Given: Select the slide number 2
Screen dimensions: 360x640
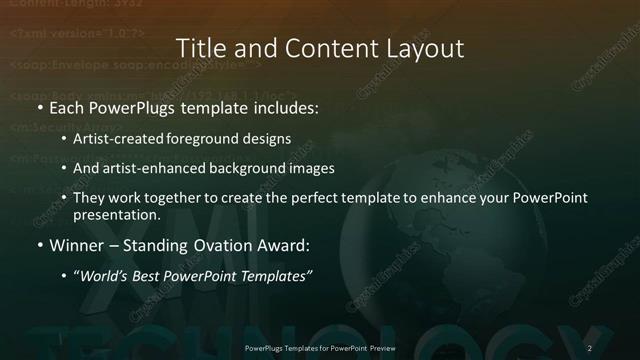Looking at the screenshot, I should [x=590, y=347].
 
